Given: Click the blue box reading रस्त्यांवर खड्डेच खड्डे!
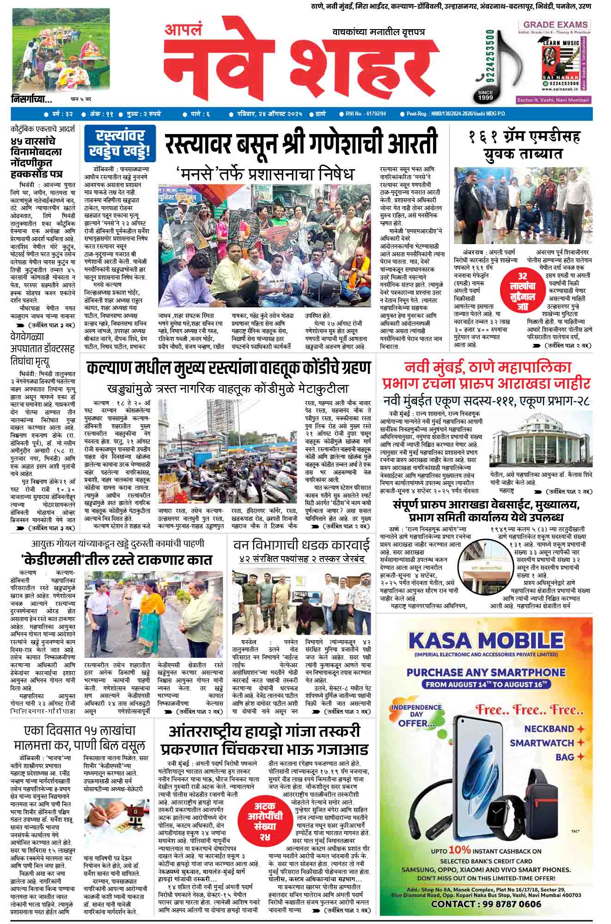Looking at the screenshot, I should [120, 143].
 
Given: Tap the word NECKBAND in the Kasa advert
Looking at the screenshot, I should [549, 729].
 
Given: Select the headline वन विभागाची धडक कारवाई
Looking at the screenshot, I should [301, 545].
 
